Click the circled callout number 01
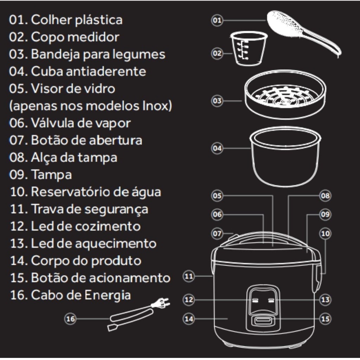pyautogui.click(x=217, y=20)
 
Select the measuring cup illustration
pyautogui.click(x=249, y=49)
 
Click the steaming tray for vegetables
pyautogui.click(x=285, y=94)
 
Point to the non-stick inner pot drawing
pyautogui.click(x=285, y=156)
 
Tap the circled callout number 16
pyautogui.click(x=70, y=319)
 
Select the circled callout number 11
pyautogui.click(x=189, y=276)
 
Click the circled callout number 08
pyautogui.click(x=325, y=195)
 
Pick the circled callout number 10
pyautogui.click(x=325, y=233)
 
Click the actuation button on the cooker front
pyautogui.click(x=263, y=320)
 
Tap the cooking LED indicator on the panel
pyautogui.click(x=255, y=300)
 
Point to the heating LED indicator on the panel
pyautogui.click(x=271, y=300)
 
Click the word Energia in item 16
pyautogui.click(x=108, y=295)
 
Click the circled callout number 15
pyautogui.click(x=325, y=319)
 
